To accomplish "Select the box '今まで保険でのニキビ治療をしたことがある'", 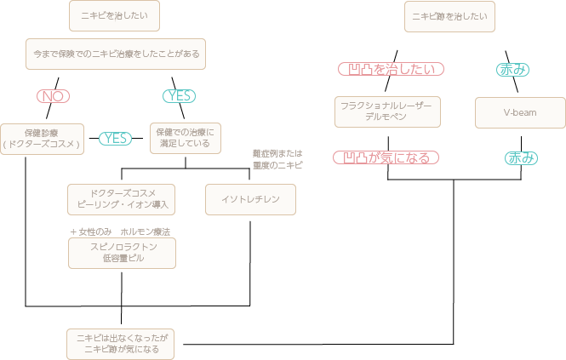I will pyautogui.click(x=116, y=54).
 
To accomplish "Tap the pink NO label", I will pyautogui.click(x=54, y=96).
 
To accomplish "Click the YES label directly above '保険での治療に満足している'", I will pyautogui.click(x=180, y=96).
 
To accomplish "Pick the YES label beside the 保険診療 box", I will pyautogui.click(x=117, y=138).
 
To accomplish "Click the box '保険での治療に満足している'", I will pyautogui.click(x=185, y=138).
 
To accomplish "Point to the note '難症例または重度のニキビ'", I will pyautogui.click(x=277, y=159).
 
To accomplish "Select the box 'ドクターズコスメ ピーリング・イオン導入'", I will pyautogui.click(x=120, y=199).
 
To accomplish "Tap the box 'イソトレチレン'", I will pyautogui.click(x=250, y=199).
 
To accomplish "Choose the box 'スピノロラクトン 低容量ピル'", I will pyautogui.click(x=121, y=253).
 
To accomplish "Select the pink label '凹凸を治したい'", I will pyautogui.click(x=390, y=69).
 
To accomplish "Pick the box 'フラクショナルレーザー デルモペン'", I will pyautogui.click(x=388, y=111).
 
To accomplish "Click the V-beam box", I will pyautogui.click(x=519, y=112).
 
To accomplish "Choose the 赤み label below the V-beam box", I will pyautogui.click(x=521, y=157).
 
